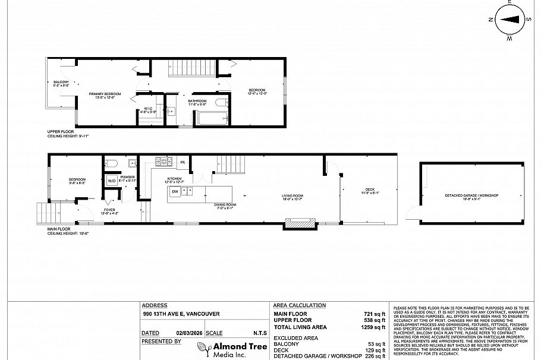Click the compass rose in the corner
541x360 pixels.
click(x=509, y=19)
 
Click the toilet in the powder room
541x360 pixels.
click(x=111, y=163)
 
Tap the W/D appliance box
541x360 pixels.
click(x=112, y=181)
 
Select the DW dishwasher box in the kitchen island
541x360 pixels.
click(x=175, y=191)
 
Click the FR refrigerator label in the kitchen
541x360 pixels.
click(x=183, y=162)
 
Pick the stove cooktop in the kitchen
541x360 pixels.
click(x=163, y=161)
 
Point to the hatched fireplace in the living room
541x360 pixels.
click(x=300, y=224)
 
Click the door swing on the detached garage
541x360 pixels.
click(x=413, y=213)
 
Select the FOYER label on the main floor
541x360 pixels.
click(x=110, y=210)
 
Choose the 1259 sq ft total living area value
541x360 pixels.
click(x=375, y=327)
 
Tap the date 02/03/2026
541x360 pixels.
click(x=185, y=333)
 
